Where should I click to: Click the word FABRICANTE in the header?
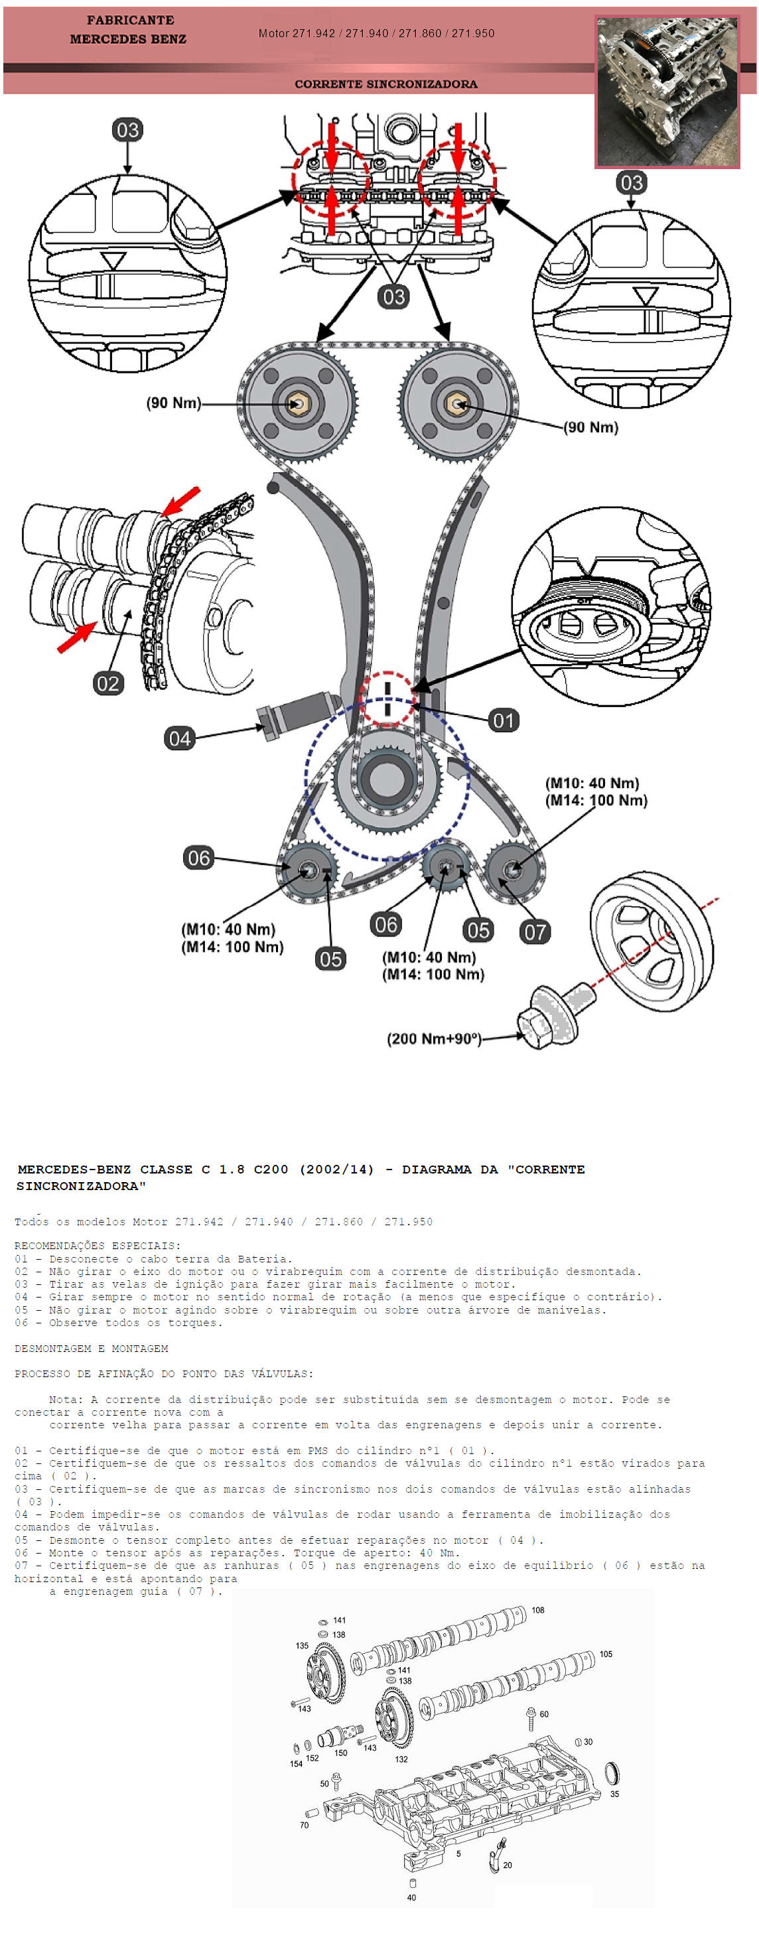tap(130, 21)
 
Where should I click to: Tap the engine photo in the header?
tap(666, 90)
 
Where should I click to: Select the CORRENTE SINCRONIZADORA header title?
tap(385, 84)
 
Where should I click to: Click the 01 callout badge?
tap(503, 720)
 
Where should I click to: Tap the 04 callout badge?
tap(179, 738)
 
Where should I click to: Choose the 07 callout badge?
tap(534, 931)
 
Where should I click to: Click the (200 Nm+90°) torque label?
tap(434, 1039)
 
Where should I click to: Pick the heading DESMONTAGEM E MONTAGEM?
tap(92, 1348)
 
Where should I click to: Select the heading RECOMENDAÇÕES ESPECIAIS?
tap(98, 1245)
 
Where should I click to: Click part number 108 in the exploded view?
tap(537, 1609)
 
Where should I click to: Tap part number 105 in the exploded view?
tap(606, 1654)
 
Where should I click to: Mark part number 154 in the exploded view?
tap(296, 1763)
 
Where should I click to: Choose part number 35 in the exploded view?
tap(614, 1794)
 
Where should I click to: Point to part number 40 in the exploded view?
tap(411, 1897)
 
